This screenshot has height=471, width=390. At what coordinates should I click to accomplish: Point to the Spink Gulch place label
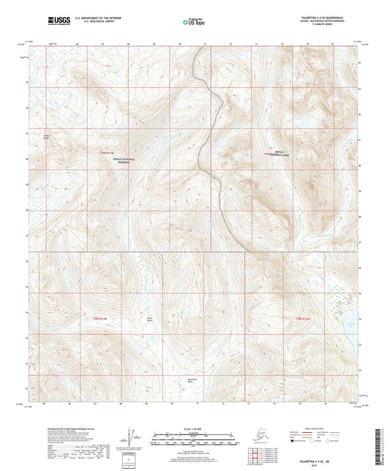[x=149, y=319]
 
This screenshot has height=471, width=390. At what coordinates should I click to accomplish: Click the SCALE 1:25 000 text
[x=194, y=427]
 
